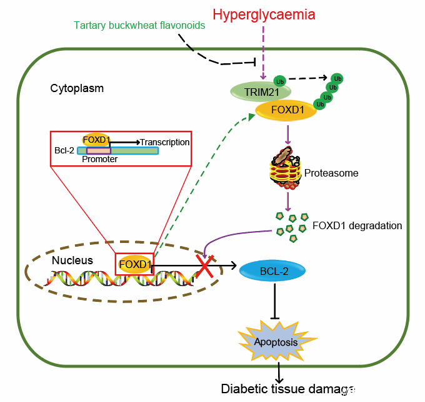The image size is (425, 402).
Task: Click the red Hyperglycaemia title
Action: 263,14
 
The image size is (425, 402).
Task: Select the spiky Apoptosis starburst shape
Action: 275,342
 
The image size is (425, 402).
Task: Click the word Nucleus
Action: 72,260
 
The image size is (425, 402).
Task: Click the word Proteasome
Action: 331,173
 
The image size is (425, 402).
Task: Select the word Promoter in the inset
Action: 100,159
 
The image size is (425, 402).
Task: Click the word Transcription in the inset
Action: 164,142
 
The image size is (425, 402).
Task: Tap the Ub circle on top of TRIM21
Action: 281,82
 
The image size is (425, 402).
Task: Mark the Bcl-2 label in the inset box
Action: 64,151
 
